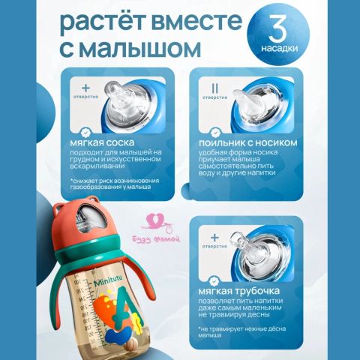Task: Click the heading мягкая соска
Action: pyautogui.click(x=103, y=142)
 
